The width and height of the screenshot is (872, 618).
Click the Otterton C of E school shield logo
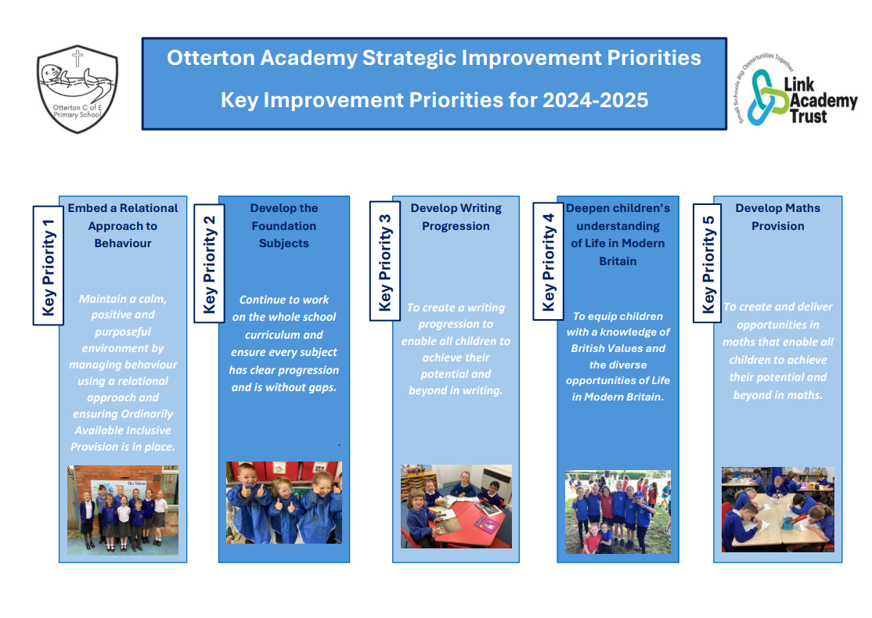point(77,89)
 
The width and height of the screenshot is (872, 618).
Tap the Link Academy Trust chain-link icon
point(767,98)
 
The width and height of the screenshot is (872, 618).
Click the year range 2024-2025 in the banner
point(595,100)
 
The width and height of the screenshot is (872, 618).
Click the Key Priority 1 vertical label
point(49,265)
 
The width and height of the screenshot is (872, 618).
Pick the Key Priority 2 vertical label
point(209,264)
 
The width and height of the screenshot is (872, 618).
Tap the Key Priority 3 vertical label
point(385,261)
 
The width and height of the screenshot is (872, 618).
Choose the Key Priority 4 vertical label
point(549,261)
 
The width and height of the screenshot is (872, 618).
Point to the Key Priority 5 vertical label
point(708,263)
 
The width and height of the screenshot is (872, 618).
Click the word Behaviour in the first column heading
point(123,243)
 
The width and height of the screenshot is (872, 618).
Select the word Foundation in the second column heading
point(283,226)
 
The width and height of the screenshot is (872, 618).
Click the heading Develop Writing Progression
point(456,217)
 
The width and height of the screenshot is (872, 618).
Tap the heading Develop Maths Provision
point(777,217)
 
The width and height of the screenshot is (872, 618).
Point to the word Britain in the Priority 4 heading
point(618,261)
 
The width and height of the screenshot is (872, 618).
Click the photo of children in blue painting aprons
point(284,502)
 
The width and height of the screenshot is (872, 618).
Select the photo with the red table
point(456,506)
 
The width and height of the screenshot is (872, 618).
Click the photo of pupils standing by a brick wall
point(123,510)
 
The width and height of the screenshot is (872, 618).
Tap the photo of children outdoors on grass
point(618,512)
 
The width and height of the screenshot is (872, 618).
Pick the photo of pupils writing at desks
point(778,509)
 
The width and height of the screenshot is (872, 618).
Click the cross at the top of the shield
point(77,58)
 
